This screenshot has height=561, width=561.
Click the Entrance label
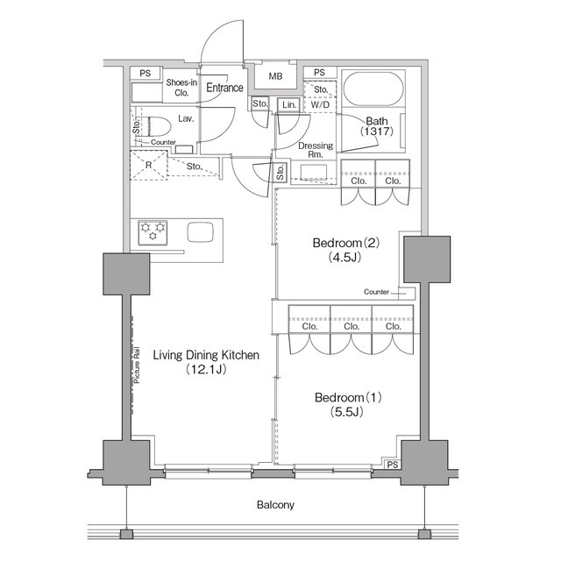click(x=224, y=88)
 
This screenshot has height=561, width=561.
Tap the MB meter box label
click(x=275, y=76)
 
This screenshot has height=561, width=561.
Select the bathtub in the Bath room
click(x=373, y=89)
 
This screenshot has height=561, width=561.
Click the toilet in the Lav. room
click(x=157, y=126)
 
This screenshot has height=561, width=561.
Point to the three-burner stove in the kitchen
click(x=153, y=232)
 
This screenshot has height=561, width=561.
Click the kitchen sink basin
click(x=201, y=232)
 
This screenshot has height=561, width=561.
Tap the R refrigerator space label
click(x=148, y=166)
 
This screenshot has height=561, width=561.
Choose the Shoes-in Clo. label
click(x=181, y=88)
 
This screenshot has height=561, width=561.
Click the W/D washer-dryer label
click(x=320, y=105)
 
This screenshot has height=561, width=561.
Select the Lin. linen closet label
click(x=289, y=105)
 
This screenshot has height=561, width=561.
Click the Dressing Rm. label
click(x=316, y=150)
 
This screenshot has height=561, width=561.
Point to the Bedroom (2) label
click(x=345, y=244)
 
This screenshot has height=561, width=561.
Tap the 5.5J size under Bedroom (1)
click(x=346, y=412)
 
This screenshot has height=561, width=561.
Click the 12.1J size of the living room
click(x=206, y=369)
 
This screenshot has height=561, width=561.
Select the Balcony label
click(x=275, y=505)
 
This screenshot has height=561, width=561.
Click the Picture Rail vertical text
click(x=137, y=366)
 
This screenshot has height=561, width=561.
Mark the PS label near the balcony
click(x=393, y=465)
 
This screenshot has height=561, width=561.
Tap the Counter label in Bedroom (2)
click(x=376, y=292)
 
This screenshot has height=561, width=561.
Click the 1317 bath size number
click(x=377, y=131)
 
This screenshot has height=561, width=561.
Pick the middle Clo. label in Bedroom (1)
click(x=352, y=326)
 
